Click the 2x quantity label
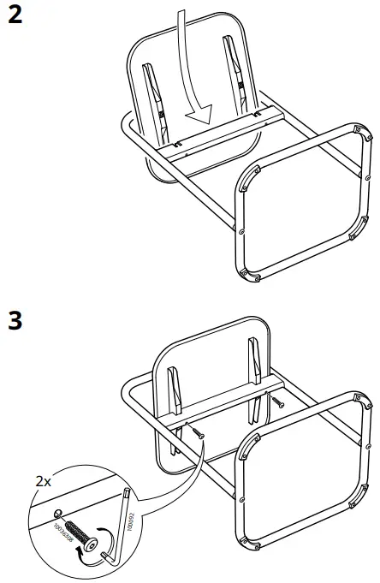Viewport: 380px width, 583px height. coord(43,482)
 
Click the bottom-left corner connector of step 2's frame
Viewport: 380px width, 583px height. coord(246,272)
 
